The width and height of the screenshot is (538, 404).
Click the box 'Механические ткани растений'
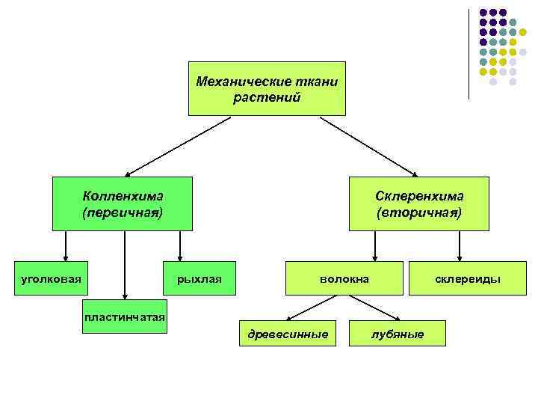267,88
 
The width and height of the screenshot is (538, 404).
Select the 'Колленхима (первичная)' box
122,203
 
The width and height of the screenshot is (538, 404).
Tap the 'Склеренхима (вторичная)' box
418,203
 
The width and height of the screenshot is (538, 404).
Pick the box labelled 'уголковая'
51,279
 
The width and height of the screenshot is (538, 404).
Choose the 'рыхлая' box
200,279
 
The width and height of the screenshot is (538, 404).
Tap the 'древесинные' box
288,334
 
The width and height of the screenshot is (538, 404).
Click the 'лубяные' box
398,334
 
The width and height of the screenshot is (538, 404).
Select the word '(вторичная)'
419,212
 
